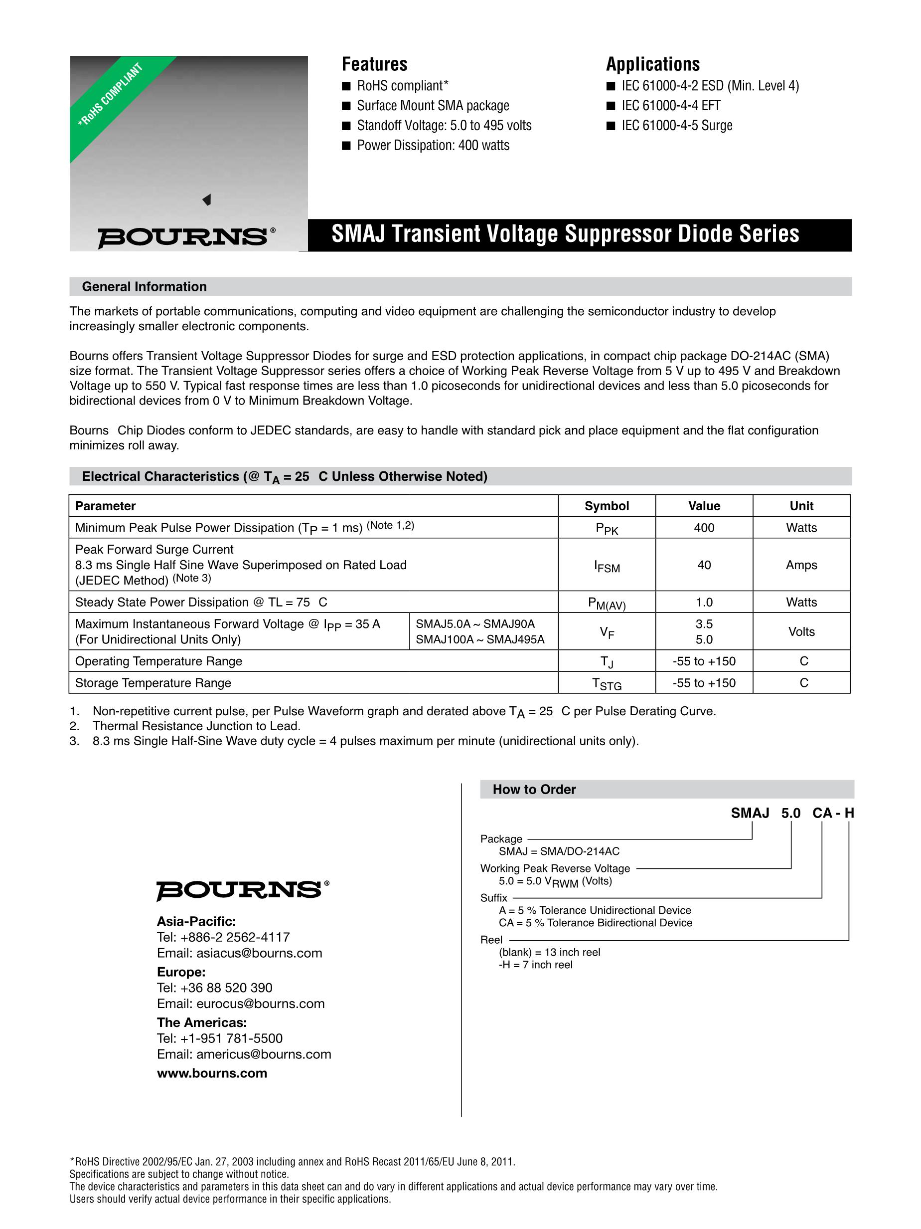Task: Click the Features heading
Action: (374, 64)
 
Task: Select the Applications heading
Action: (652, 64)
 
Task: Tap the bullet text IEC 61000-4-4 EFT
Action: (671, 106)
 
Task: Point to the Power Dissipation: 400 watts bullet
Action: (433, 146)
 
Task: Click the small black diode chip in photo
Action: (207, 200)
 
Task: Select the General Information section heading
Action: (145, 287)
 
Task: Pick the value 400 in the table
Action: (704, 528)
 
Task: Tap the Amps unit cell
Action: (801, 565)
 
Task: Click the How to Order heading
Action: (534, 790)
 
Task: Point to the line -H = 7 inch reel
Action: (535, 965)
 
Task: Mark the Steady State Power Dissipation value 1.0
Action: (704, 602)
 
